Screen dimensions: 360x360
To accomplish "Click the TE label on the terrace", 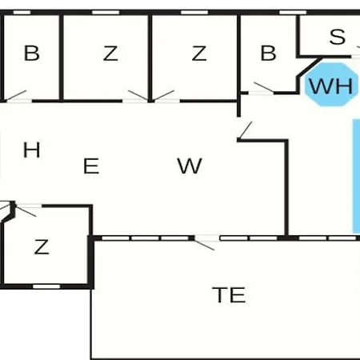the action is coord(229,295).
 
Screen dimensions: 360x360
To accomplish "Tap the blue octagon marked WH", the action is coord(331,85).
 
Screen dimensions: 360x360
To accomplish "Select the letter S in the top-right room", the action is coord(338,37).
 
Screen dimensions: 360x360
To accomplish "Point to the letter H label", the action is coord(32,150).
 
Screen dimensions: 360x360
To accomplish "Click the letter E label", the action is coord(91,166).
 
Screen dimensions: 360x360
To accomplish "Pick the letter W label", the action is coord(190,166).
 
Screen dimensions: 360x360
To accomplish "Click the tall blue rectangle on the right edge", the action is coord(357,176).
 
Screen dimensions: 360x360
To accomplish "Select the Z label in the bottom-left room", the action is coord(42,246).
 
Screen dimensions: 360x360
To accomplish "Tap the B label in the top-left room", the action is coord(32,53).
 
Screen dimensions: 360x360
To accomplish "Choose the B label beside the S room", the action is coord(268,53).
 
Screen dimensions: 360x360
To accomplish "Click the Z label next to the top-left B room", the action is coord(110,54).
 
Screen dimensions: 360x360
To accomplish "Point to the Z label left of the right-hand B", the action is coord(199,54).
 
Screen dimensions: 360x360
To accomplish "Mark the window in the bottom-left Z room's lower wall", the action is coord(46,286).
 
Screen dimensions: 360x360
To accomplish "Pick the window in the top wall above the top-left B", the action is coord(22,13).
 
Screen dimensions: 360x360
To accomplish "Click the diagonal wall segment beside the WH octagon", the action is coord(310,67).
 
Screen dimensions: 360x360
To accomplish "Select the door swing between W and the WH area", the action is coord(245,130).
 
